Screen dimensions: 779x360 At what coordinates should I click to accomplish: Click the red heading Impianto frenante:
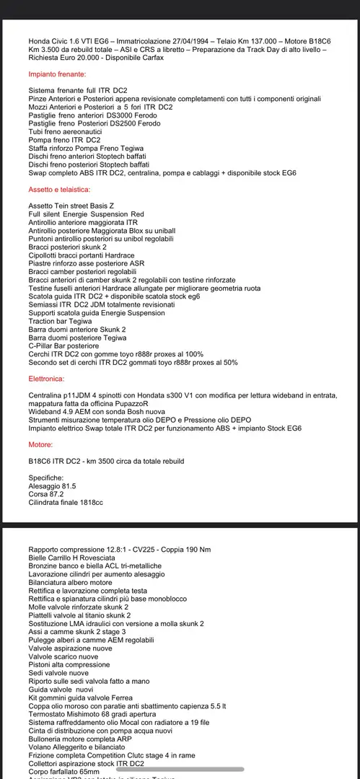pos(58,74)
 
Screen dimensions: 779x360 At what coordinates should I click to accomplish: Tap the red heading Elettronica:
pos(49,378)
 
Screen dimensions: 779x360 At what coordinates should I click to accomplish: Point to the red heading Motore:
pos(41,445)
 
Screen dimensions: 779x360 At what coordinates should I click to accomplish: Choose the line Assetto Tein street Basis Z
pos(71,206)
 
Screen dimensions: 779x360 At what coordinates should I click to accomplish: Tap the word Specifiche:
pos(46,477)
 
